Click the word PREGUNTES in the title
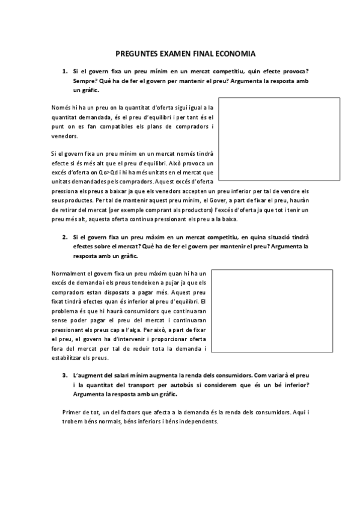(x=136, y=53)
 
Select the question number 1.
(x=64, y=71)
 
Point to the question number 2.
(x=64, y=236)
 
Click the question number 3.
(x=64, y=375)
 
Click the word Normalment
(x=69, y=274)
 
